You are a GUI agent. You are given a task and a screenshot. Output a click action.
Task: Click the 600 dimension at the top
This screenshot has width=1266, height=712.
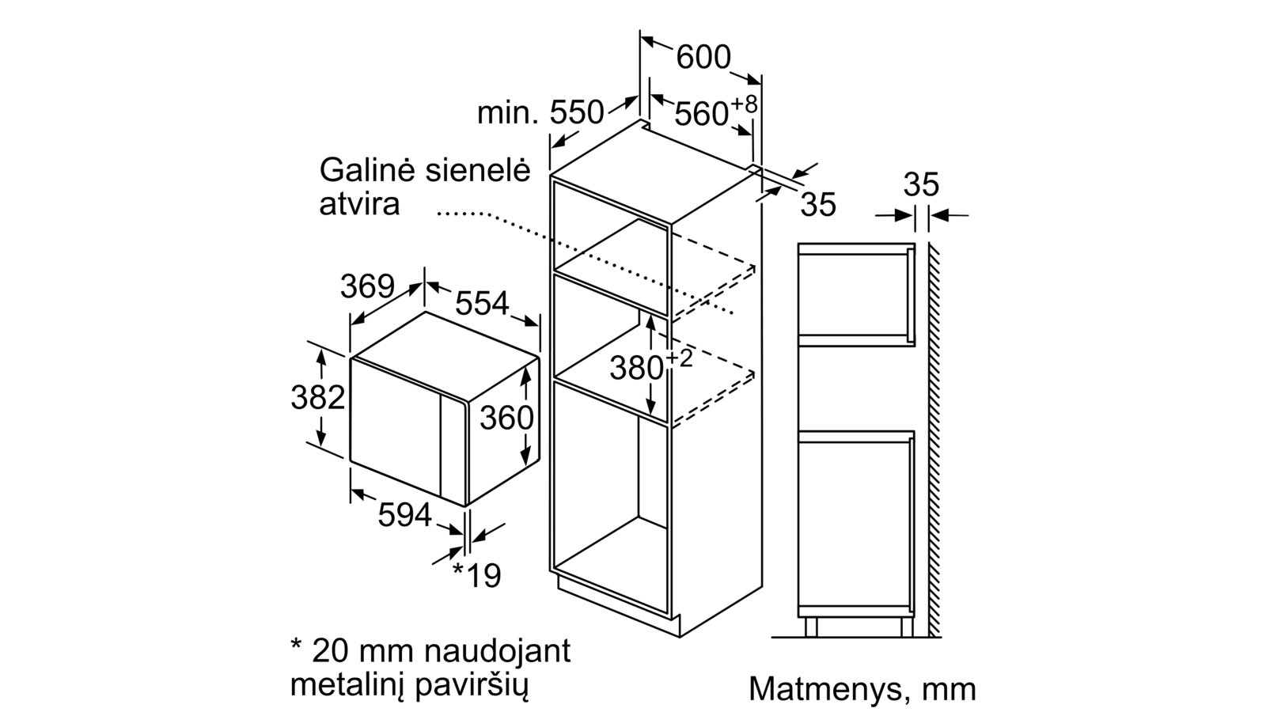[703, 57]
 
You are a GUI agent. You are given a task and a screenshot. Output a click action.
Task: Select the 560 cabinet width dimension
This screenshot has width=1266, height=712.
[701, 114]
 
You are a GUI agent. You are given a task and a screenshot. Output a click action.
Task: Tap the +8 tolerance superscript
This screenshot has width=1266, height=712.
[745, 104]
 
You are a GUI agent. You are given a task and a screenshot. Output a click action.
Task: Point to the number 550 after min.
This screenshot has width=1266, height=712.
[577, 112]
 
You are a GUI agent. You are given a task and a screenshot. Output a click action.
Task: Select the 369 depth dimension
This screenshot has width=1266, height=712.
[367, 286]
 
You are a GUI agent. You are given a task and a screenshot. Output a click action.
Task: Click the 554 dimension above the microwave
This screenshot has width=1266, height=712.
[482, 303]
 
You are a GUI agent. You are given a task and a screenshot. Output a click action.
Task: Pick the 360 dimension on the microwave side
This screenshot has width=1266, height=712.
[507, 418]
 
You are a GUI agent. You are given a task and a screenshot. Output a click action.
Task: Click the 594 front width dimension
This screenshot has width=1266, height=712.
[404, 515]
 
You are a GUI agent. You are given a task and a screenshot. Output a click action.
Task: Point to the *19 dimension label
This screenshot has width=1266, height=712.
[477, 574]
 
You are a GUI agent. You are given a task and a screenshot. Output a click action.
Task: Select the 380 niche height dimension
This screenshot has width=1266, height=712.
[636, 369]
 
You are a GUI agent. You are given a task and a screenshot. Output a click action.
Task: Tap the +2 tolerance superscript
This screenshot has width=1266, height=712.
[680, 358]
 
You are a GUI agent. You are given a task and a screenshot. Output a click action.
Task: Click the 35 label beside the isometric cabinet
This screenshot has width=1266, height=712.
[818, 204]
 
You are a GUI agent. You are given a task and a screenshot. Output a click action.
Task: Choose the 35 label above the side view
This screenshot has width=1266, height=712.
[921, 184]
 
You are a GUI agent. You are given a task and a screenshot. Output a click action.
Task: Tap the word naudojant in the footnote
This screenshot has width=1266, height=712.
[498, 650]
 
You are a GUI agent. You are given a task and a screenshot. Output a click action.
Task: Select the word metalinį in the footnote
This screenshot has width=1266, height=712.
[346, 685]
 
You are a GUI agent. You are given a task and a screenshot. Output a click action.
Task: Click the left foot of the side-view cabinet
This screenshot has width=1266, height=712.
[811, 627]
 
